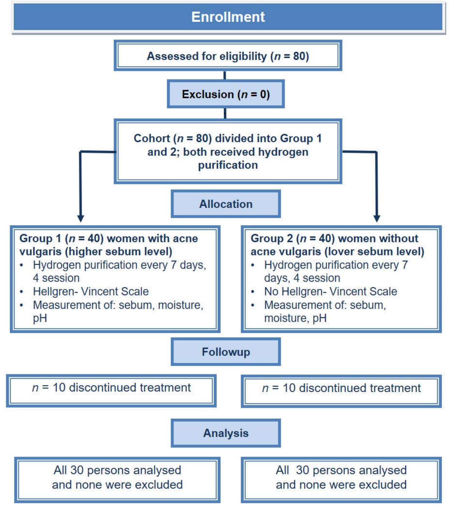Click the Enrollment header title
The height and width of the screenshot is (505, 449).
[228, 17]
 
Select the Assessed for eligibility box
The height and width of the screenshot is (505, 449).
[228, 56]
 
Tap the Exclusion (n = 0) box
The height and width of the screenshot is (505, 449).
[226, 94]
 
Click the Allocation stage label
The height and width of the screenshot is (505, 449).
[226, 204]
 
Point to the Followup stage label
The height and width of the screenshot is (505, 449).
[226, 352]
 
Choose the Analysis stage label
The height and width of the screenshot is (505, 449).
[226, 433]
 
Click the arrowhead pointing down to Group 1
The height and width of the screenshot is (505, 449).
[81, 218]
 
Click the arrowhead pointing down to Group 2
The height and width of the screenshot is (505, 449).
[377, 218]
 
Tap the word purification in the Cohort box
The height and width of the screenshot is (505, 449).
[228, 165]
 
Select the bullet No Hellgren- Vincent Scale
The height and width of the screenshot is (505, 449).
[330, 291]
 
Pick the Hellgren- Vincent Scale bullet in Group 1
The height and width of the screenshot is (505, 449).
[91, 291]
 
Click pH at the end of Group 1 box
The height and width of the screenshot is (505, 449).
[40, 318]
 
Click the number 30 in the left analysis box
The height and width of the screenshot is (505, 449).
[77, 470]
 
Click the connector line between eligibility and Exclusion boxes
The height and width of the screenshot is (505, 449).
[225, 75]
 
